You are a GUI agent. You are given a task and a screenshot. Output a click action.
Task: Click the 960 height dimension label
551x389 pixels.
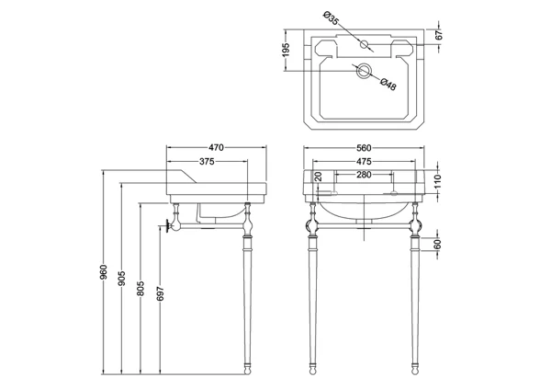tap(104, 272)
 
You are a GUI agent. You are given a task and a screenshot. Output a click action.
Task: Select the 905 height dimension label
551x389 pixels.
tap(121, 278)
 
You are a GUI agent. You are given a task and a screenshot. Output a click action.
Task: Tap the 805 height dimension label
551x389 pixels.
tap(141, 289)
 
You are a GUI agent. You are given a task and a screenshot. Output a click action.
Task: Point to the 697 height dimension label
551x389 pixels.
tap(160, 293)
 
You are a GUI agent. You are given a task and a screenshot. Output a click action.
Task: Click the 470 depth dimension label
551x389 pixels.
tap(216, 147)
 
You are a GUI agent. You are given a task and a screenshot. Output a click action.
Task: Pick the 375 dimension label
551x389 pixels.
tap(207, 162)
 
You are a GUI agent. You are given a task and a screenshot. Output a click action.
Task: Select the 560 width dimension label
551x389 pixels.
tap(364, 148)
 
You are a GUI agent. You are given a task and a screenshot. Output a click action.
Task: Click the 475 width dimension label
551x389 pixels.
tap(364, 162)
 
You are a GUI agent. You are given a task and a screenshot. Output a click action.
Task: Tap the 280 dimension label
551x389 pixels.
tap(364, 175)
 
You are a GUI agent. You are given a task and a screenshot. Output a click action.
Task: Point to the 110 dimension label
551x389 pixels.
tap(437, 181)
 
